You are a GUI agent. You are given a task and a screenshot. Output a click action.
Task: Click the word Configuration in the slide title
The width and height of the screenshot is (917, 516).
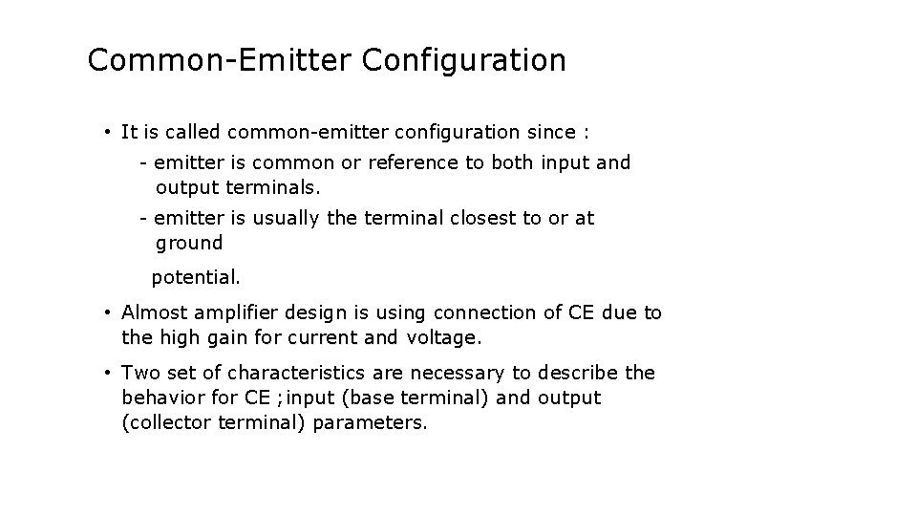tap(464, 60)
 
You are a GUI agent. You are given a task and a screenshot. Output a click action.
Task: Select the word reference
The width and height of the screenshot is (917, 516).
tap(413, 162)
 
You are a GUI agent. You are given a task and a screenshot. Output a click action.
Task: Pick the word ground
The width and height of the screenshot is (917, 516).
tap(188, 244)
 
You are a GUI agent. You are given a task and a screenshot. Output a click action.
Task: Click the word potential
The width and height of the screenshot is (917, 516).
tap(196, 278)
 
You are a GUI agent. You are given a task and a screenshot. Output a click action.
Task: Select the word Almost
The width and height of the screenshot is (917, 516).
tap(155, 312)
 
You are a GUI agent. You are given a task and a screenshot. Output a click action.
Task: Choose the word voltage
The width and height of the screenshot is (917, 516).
tap(443, 337)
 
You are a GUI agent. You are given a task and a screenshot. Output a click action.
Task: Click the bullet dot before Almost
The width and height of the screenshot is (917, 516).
tap(111, 312)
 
